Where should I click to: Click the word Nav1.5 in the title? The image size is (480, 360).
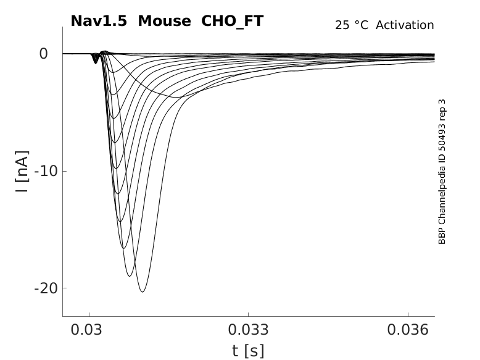pyautogui.click(x=99, y=21)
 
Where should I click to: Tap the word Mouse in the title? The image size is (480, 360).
pyautogui.click(x=164, y=21)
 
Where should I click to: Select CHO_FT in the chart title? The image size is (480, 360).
pyautogui.click(x=232, y=22)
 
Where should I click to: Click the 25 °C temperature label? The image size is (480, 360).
pyautogui.click(x=352, y=25)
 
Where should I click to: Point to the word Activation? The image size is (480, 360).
pyautogui.click(x=405, y=25)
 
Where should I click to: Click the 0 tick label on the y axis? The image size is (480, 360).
pyautogui.click(x=43, y=54)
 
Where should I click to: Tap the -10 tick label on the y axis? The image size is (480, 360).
pyautogui.click(x=46, y=171)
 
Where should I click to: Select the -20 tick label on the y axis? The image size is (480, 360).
pyautogui.click(x=46, y=288)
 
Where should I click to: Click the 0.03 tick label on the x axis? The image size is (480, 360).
pyautogui.click(x=86, y=330)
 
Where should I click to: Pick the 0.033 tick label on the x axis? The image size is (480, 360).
pyautogui.click(x=248, y=330)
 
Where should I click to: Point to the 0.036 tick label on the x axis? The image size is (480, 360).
pyautogui.click(x=408, y=330)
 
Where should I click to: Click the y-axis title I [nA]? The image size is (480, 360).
pyautogui.click(x=22, y=172)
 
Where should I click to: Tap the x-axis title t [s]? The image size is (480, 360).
pyautogui.click(x=248, y=351)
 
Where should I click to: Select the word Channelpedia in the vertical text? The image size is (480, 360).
pyautogui.click(x=442, y=191)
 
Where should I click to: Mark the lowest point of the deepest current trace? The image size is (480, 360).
pyautogui.click(x=143, y=291)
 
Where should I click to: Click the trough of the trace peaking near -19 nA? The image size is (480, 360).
pyautogui.click(x=130, y=276)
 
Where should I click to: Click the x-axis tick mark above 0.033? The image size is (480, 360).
pyautogui.click(x=248, y=315)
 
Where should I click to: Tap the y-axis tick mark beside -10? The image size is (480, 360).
pyautogui.click(x=65, y=171)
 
